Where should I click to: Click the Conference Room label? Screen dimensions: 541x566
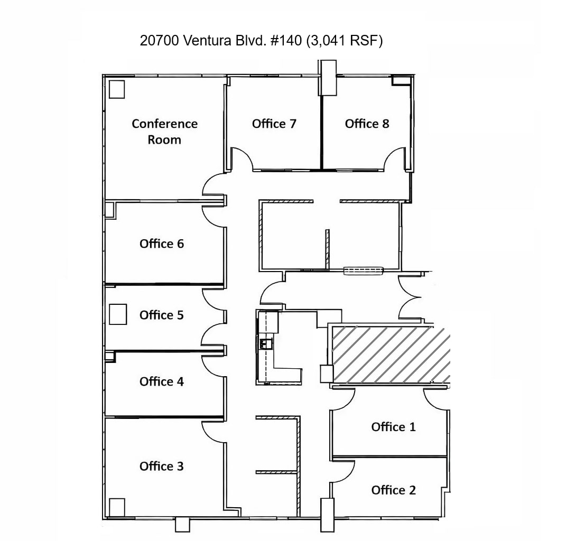coord(164,132)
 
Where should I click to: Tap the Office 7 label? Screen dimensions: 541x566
coord(274,124)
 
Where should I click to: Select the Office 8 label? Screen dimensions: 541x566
coord(367,124)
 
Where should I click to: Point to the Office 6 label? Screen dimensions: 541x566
coord(162,244)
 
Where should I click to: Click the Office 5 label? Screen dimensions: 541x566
coord(162,315)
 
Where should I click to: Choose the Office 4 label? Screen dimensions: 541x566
coord(162,381)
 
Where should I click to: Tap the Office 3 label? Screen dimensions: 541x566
coord(162,466)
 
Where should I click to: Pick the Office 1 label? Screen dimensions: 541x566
coord(393,427)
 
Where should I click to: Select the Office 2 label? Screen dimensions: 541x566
coord(393,490)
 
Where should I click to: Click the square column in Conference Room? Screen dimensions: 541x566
coord(116,89)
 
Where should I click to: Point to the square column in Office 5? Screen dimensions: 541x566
coord(118,314)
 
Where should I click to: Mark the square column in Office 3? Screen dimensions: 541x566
coord(116,507)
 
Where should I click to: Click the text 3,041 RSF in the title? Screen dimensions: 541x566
coord(344,41)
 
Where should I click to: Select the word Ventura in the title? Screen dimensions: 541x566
coord(206,41)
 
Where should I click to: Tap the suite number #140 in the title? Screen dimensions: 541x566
coord(285,41)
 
